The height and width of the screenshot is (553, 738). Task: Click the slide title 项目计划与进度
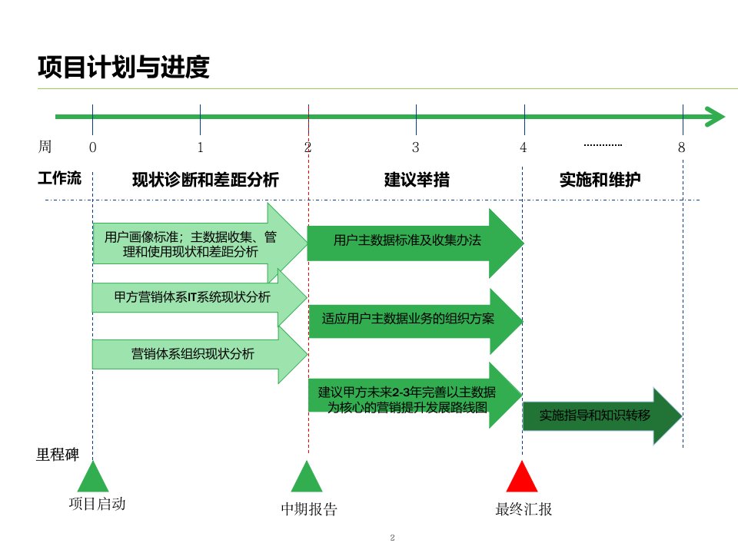click(123, 68)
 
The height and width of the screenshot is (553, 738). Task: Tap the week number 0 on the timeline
click(93, 147)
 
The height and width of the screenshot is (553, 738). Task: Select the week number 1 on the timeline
click(200, 147)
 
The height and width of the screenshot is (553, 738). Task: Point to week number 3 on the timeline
click(415, 147)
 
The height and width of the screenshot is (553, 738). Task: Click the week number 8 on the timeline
click(681, 147)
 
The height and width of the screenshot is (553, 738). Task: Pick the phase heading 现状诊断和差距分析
click(205, 180)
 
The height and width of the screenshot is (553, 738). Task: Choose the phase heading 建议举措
click(417, 180)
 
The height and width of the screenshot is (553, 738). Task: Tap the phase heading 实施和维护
click(600, 180)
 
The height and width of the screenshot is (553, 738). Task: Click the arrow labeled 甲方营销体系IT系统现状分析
click(192, 297)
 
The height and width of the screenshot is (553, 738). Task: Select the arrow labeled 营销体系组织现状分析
click(192, 354)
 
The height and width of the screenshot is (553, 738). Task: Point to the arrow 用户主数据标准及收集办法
click(407, 241)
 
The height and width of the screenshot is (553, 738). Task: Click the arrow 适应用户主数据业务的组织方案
click(407, 318)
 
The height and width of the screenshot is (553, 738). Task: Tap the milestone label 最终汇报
click(524, 509)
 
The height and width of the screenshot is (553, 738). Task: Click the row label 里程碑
click(58, 454)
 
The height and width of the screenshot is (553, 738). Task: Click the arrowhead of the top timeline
click(716, 117)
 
